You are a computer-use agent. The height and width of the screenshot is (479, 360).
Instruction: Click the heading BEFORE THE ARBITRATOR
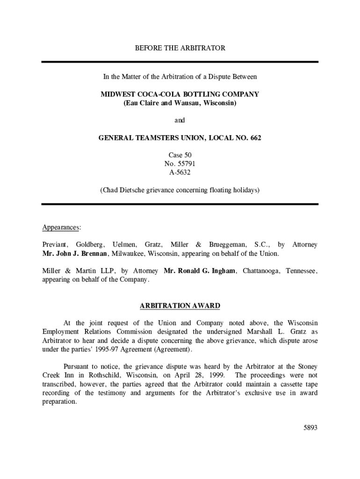[180, 48]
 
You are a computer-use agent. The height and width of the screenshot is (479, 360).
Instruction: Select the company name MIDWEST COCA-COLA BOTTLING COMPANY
[180, 94]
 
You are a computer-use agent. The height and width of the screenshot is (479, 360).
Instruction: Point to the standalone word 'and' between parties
[180, 120]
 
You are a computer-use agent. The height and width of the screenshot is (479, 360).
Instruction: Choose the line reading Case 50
[180, 155]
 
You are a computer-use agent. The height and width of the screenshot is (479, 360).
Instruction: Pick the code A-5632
[180, 172]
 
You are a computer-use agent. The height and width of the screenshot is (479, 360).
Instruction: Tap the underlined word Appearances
[61, 227]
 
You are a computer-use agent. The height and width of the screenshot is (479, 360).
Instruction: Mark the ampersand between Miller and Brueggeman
[198, 245]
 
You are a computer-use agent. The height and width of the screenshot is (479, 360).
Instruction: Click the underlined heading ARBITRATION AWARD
[180, 306]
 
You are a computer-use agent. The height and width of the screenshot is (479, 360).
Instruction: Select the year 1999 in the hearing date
[216, 376]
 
